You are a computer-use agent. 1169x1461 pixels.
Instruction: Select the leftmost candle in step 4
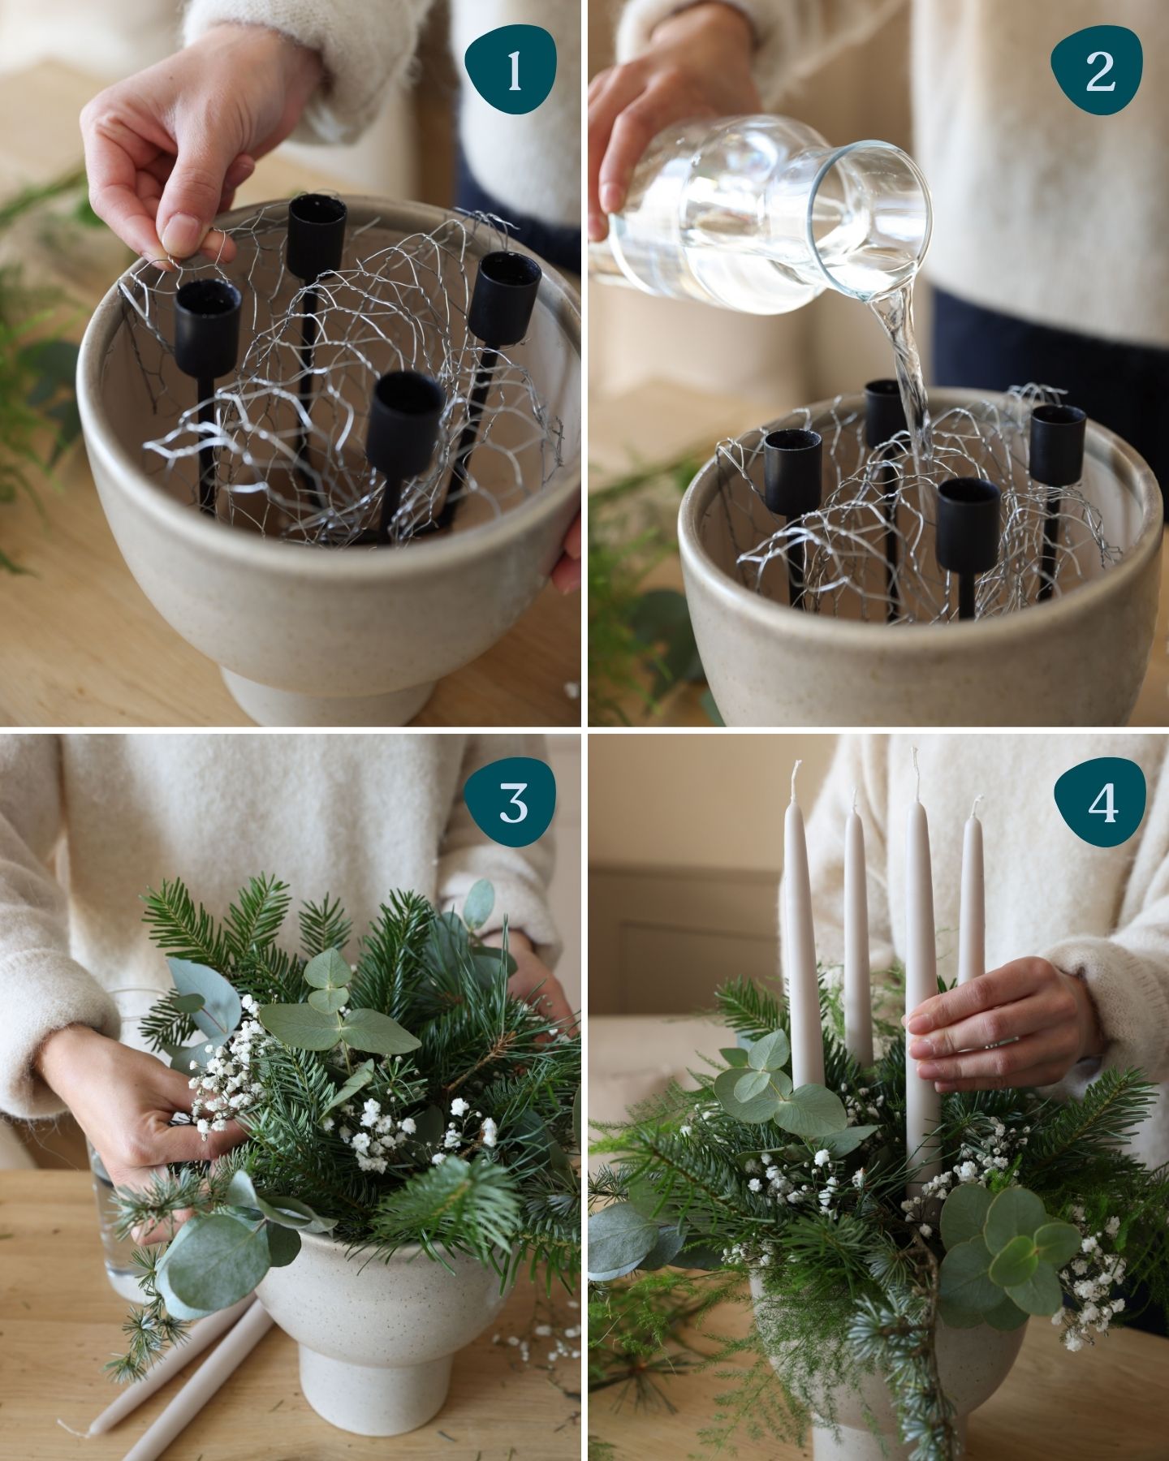804,933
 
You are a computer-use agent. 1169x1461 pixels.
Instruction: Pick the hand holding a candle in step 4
999,1027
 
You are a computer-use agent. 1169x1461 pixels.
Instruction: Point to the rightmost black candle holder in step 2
1058,442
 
